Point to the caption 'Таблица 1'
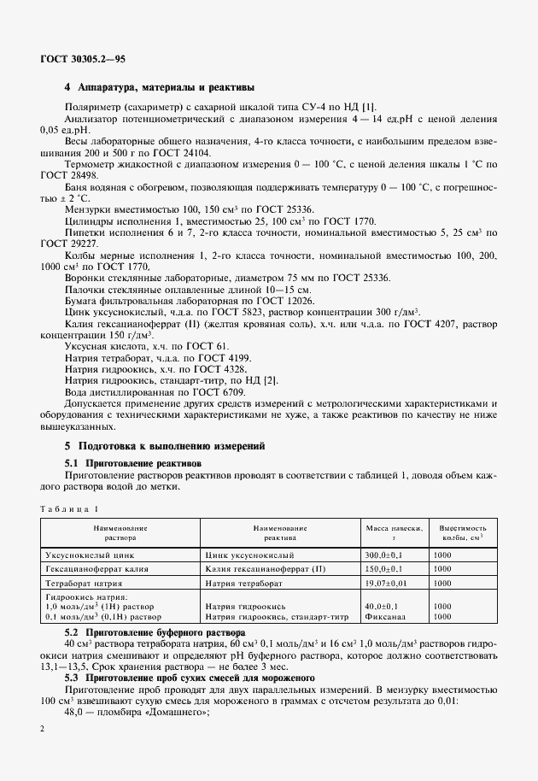point(69,509)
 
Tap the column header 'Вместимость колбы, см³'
point(461,533)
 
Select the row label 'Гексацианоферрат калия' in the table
point(87,568)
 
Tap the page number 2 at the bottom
point(42,727)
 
